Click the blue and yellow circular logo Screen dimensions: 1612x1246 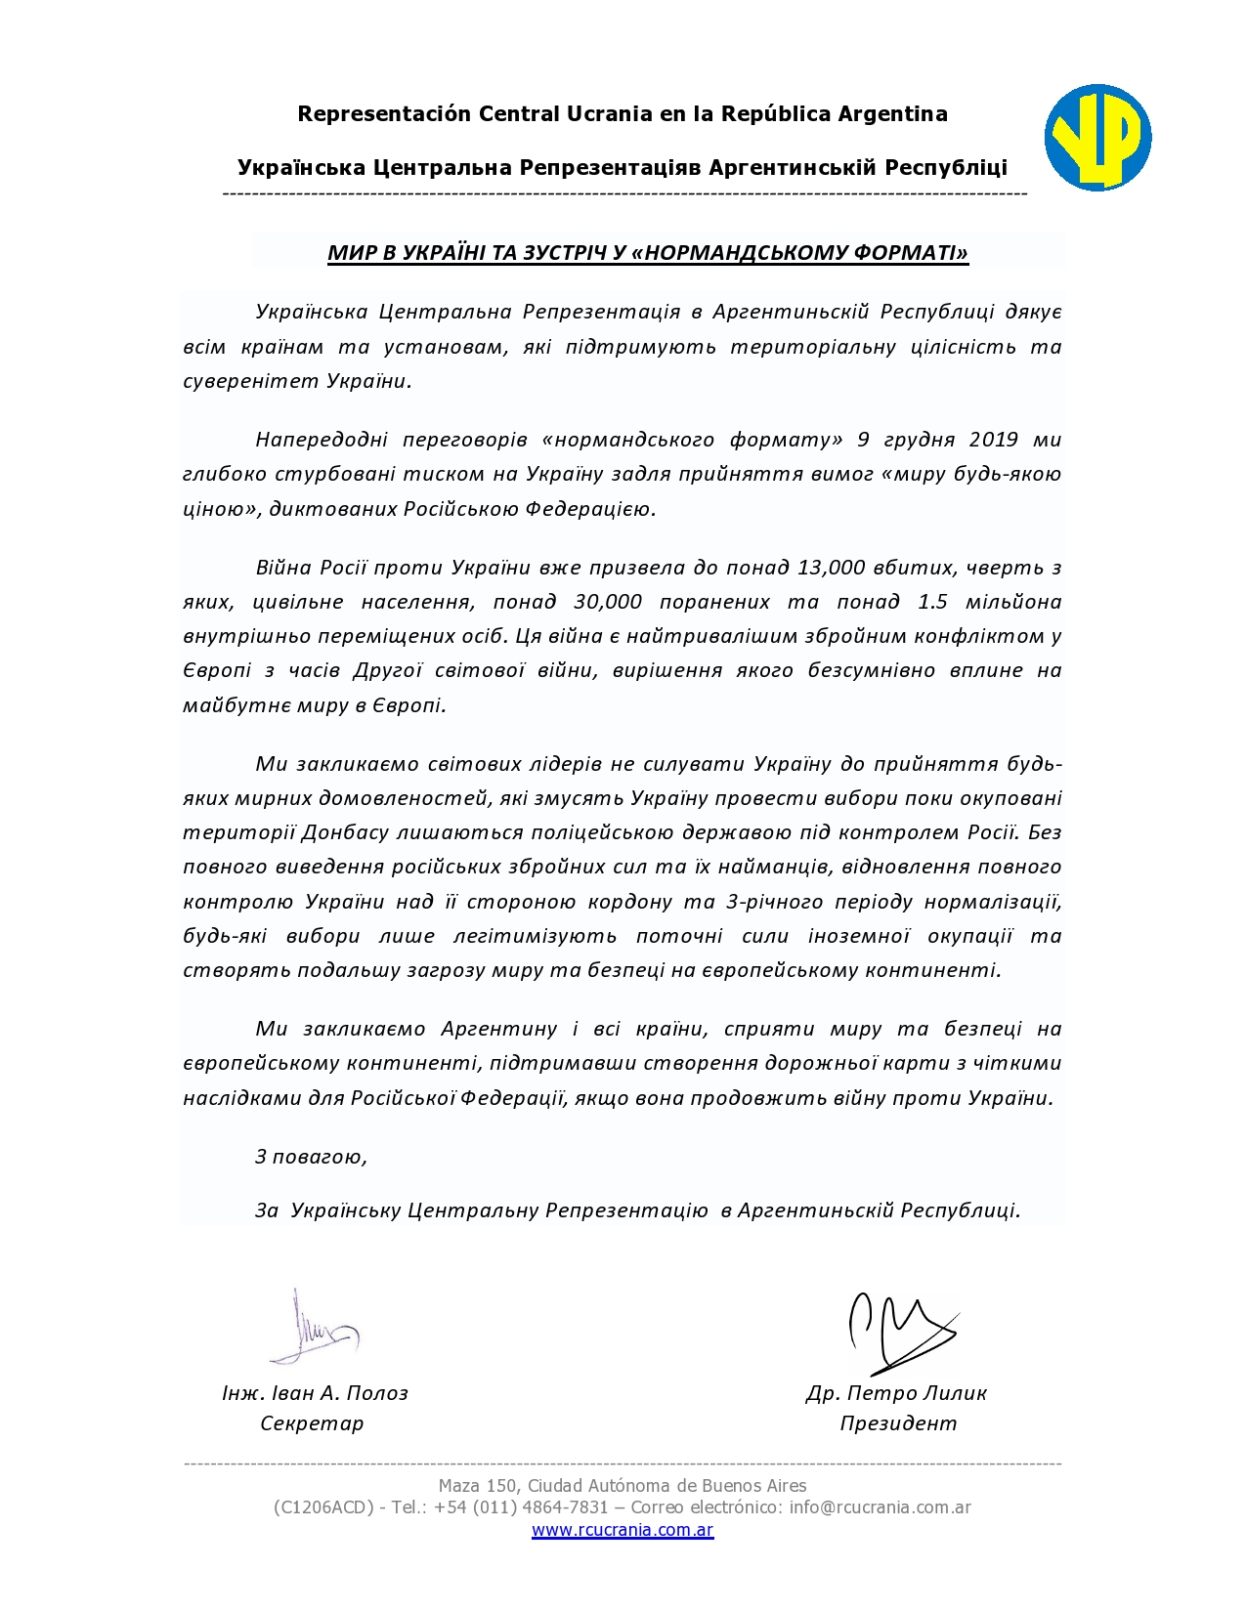[1097, 138]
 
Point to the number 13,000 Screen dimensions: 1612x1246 [831, 568]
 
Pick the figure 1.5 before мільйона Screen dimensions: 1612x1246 [932, 602]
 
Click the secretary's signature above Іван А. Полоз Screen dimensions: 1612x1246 [311, 1329]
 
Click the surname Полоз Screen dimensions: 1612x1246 [377, 1393]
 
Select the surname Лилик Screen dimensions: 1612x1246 [952, 1393]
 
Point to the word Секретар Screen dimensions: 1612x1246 [312, 1423]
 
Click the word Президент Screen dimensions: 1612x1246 [898, 1423]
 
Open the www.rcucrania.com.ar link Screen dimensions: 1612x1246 [623, 1530]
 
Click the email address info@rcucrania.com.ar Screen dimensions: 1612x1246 [880, 1507]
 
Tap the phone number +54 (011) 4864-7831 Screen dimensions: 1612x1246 [522, 1507]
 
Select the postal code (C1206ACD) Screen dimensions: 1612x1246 [323, 1507]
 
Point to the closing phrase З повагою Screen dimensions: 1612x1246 [311, 1157]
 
